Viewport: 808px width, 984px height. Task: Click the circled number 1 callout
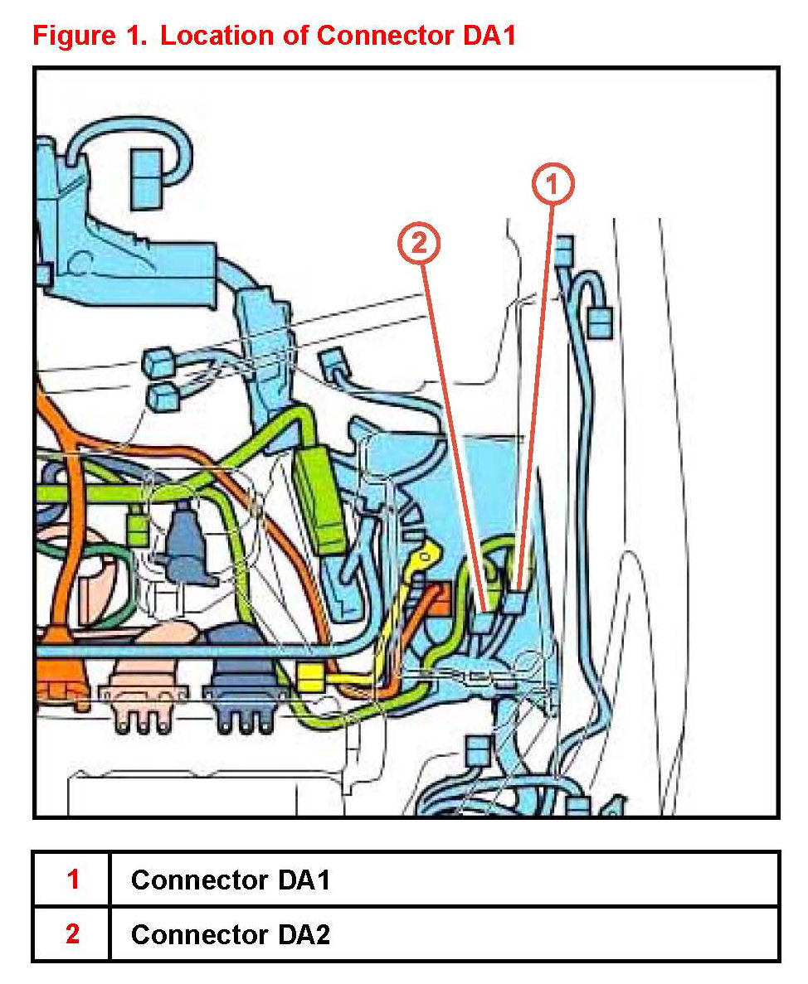pyautogui.click(x=553, y=185)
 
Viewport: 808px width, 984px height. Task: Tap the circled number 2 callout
pyautogui.click(x=418, y=245)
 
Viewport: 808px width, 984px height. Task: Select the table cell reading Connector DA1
pyautogui.click(x=231, y=880)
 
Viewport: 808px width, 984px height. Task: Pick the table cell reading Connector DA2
pyautogui.click(x=231, y=934)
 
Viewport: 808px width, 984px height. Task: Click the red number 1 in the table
pyautogui.click(x=72, y=880)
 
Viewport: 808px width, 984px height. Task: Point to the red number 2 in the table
pyautogui.click(x=72, y=934)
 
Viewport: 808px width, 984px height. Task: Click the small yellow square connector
pyautogui.click(x=309, y=677)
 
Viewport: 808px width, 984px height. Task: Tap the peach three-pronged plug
pyautogui.click(x=137, y=696)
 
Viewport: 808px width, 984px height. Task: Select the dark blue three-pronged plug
pyautogui.click(x=242, y=696)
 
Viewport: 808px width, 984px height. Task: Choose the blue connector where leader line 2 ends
pyautogui.click(x=485, y=621)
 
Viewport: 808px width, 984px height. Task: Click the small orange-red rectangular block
pyautogui.click(x=438, y=594)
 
